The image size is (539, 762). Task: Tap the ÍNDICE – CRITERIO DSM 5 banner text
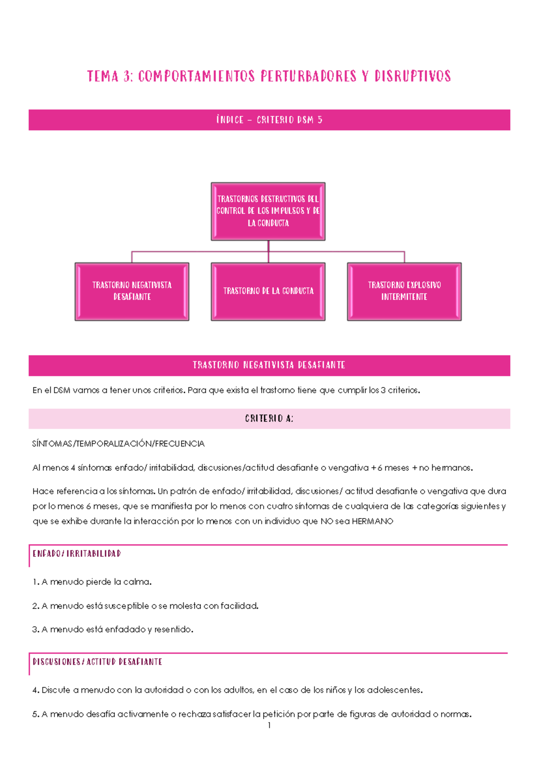point(269,120)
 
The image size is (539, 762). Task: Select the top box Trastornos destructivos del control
point(268,211)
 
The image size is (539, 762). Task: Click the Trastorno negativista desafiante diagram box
point(132,291)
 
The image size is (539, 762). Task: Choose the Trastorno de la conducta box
point(268,291)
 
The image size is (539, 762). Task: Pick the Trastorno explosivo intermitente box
point(404,291)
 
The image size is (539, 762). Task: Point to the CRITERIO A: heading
point(269,419)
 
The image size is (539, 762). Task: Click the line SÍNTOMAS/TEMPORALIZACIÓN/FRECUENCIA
point(119,444)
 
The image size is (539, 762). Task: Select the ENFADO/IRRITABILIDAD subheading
point(77,554)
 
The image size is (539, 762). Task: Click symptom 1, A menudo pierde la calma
point(92,582)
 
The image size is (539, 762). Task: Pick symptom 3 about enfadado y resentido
point(113,630)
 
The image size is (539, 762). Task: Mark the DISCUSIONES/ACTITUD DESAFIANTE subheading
point(97,662)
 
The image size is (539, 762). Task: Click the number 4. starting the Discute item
point(36,691)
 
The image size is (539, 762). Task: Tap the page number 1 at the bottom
point(269,726)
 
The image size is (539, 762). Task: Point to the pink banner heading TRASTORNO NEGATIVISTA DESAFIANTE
point(269,365)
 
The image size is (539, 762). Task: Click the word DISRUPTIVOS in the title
point(412,76)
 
